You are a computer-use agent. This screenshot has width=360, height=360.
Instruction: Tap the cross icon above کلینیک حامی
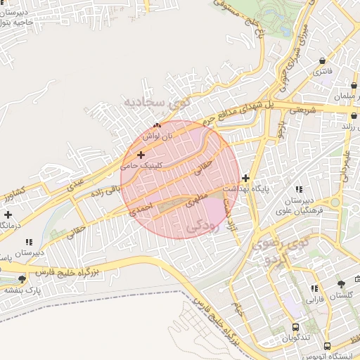point(141,154)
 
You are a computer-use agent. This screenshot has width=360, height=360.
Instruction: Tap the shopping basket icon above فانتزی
point(323,60)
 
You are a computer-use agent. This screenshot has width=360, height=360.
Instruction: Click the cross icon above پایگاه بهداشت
point(245,179)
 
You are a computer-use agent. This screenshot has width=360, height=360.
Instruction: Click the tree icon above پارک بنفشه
point(21,278)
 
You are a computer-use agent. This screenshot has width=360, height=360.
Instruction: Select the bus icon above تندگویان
point(296,327)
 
